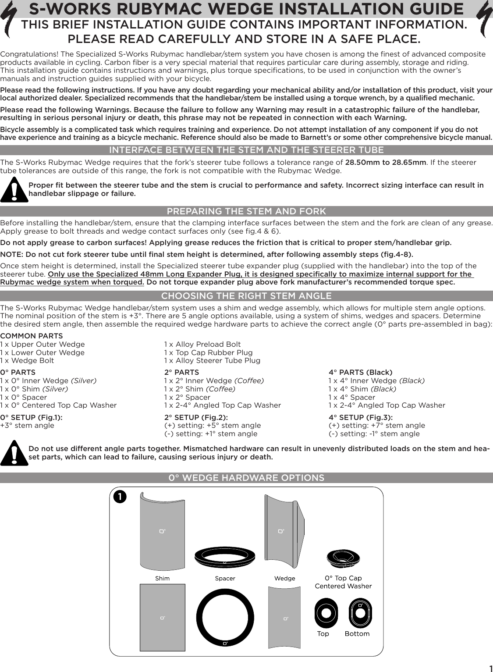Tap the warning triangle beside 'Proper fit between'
coord(14,190)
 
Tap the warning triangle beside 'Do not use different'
coord(14,453)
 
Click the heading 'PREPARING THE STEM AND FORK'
coord(246,211)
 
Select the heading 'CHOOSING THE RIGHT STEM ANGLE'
coord(246,296)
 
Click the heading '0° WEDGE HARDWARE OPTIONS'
coord(246,478)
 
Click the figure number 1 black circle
coord(120,497)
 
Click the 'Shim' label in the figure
coord(162,579)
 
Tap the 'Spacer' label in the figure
coord(225,579)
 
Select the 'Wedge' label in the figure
coord(284,579)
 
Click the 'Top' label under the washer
coord(323,634)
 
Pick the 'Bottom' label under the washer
coord(357,634)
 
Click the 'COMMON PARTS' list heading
coord(32,336)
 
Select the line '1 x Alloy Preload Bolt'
coord(202,345)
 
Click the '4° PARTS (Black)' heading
coord(360,373)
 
